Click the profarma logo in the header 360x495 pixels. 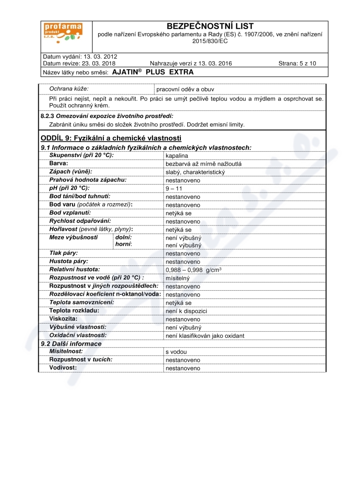click(x=63, y=32)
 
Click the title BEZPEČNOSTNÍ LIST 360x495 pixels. click(x=210, y=26)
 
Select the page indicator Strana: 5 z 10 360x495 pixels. click(x=297, y=63)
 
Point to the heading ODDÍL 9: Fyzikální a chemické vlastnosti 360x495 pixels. click(x=111, y=138)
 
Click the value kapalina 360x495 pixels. click(x=176, y=156)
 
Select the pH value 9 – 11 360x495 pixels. click(x=174, y=189)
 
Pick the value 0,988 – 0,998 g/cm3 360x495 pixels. click(x=193, y=270)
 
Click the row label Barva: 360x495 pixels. click(x=58, y=163)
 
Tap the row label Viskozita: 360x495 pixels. click(x=63, y=319)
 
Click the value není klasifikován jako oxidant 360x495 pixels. click(x=205, y=336)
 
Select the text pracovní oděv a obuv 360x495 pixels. click(x=185, y=90)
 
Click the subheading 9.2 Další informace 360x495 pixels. click(x=71, y=344)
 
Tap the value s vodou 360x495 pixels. click(x=176, y=352)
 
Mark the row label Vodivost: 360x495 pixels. click(x=63, y=368)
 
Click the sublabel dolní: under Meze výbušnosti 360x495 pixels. click(x=124, y=237)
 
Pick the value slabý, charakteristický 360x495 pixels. click(x=195, y=172)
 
